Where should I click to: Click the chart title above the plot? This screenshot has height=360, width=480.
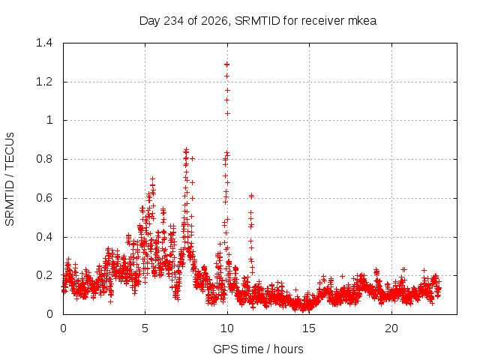tap(258, 21)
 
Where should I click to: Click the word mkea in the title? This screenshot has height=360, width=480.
tap(362, 21)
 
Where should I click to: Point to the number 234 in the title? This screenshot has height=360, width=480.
tap(173, 21)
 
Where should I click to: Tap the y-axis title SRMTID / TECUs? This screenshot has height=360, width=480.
tap(10, 179)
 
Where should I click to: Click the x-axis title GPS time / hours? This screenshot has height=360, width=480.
tap(258, 349)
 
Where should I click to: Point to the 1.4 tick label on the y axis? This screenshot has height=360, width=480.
tap(44, 43)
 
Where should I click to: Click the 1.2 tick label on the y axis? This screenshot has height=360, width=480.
tap(44, 82)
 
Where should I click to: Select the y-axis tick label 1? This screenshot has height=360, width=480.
tap(49, 120)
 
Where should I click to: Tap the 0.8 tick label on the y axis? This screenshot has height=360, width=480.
tap(44, 159)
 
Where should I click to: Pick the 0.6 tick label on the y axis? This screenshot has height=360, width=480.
tap(44, 198)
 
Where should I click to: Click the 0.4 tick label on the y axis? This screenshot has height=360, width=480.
tap(44, 237)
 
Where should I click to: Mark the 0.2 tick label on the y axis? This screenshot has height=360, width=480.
tap(44, 275)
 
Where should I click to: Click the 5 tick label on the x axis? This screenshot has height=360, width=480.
tap(145, 328)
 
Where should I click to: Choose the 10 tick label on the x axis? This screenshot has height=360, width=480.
tap(227, 328)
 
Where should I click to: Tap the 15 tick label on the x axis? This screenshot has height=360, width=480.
tap(309, 328)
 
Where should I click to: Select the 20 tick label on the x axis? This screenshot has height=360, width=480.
tap(391, 328)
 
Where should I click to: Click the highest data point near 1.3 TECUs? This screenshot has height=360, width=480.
tap(226, 64)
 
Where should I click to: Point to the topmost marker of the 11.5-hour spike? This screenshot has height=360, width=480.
tap(251, 196)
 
